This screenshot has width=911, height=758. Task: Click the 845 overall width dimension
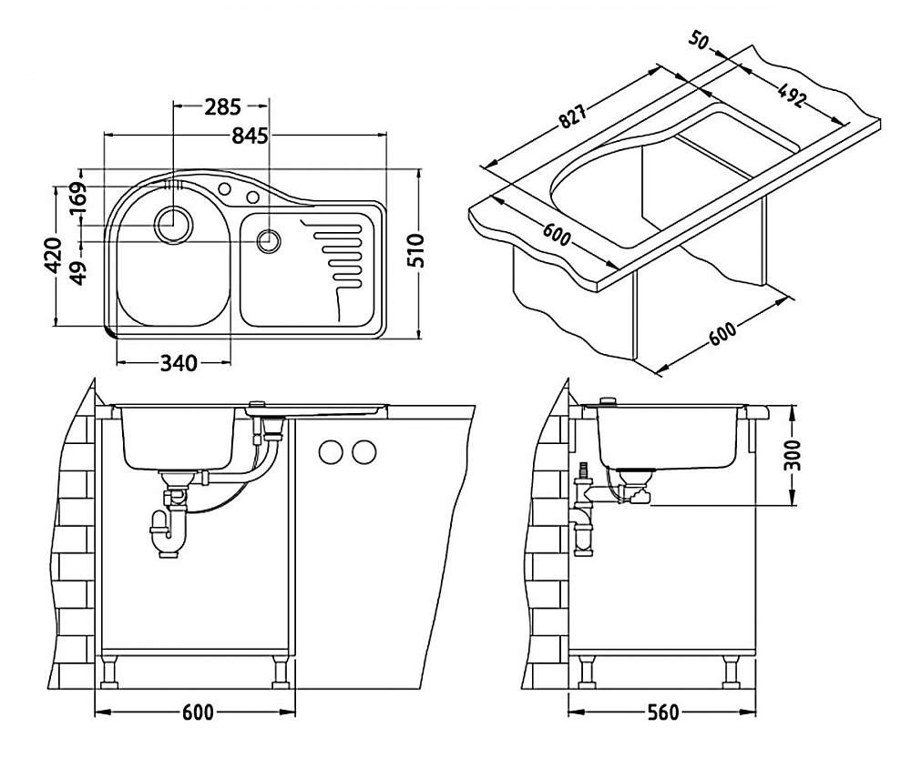(x=249, y=136)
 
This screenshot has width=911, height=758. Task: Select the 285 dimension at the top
(x=221, y=107)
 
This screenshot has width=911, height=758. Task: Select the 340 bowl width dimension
(x=179, y=363)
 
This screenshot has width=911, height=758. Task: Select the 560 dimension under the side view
(x=662, y=713)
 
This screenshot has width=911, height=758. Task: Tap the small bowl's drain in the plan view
(x=269, y=241)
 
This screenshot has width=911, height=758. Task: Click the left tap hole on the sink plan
(x=223, y=188)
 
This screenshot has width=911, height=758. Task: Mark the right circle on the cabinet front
(x=364, y=450)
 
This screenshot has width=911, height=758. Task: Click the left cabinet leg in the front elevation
(x=110, y=674)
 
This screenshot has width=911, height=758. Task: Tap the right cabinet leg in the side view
(x=731, y=674)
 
